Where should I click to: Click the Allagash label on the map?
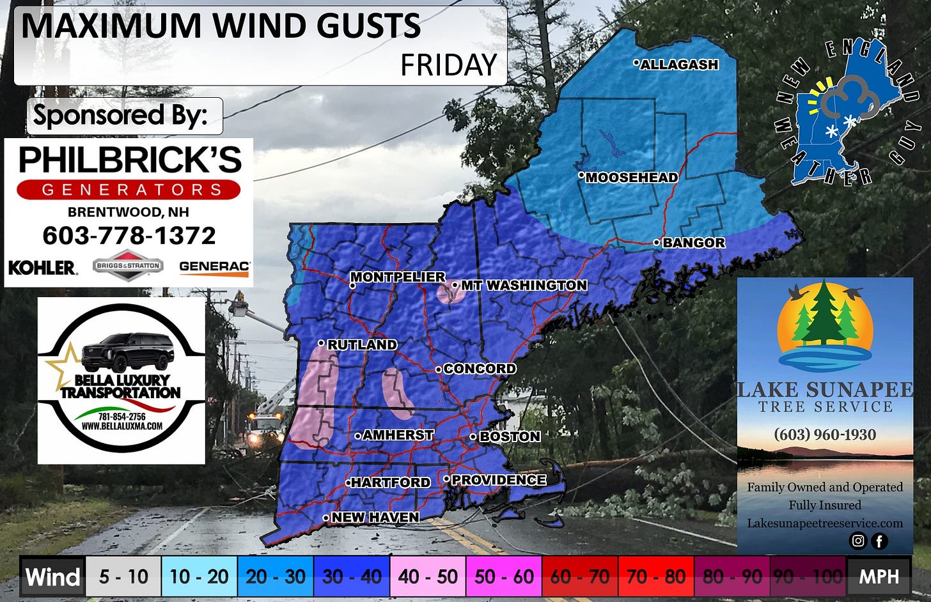pyautogui.click(x=679, y=65)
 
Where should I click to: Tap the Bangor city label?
pyautogui.click(x=694, y=243)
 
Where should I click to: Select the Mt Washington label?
pyautogui.click(x=524, y=285)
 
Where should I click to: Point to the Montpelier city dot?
pyautogui.click(x=352, y=286)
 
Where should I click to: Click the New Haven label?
pyautogui.click(x=375, y=517)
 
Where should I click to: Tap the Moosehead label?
pyautogui.click(x=632, y=178)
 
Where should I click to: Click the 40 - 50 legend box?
pyautogui.click(x=428, y=576)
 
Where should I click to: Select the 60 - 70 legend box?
pyautogui.click(x=580, y=576)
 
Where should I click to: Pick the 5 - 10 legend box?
pyautogui.click(x=123, y=576)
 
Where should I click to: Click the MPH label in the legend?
pyautogui.click(x=879, y=576)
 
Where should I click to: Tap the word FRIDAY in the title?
pyautogui.click(x=449, y=65)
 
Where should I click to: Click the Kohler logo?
pyautogui.click(x=43, y=267)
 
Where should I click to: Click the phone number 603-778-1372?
pyautogui.click(x=129, y=236)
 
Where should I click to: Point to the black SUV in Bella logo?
pyautogui.click(x=128, y=352)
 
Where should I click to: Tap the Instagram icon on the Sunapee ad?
pyautogui.click(x=857, y=541)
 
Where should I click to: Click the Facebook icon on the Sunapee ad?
pyautogui.click(x=879, y=541)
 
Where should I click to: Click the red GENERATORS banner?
pyautogui.click(x=129, y=190)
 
